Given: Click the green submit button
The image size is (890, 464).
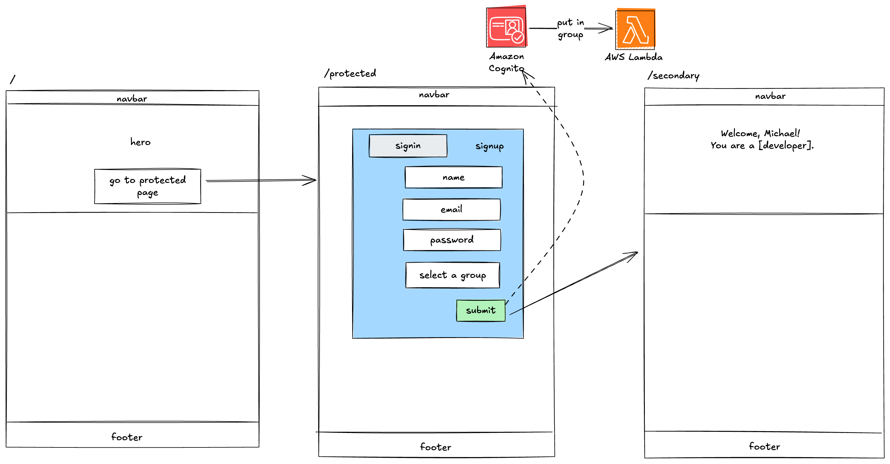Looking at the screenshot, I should point(481,310).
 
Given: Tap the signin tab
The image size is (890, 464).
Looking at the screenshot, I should point(408,146).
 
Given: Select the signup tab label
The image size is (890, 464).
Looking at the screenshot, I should point(489,146).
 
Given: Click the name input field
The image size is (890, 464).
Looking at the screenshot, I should point(453,178).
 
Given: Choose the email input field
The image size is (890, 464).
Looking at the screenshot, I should point(451,209).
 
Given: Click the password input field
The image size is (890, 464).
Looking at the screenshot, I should point(451,240).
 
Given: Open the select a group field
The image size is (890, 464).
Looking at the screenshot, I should point(452,275).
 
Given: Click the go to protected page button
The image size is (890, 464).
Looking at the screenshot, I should point(148,187).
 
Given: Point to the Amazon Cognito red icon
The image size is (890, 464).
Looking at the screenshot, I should point(506,27).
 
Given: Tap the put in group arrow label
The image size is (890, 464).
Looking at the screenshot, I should point(570,29).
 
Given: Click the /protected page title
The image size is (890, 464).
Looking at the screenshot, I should point(350,73).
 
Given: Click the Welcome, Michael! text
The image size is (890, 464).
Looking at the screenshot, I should point(760,133).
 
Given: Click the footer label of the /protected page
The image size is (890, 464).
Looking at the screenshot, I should point(435,447).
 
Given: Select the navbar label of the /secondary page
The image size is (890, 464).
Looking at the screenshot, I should point(770,96).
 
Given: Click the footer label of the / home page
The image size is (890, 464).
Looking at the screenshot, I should point(126,437).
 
